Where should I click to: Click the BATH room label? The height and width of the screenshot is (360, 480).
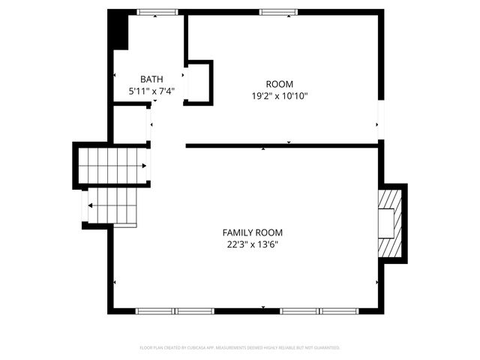pos(151,79)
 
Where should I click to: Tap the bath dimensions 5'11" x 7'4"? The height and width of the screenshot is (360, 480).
pos(151,91)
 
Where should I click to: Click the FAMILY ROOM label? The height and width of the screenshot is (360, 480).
pos(253,232)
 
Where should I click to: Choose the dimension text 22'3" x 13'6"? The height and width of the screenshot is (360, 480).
pos(253,244)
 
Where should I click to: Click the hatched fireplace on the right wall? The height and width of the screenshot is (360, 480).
pos(390,223)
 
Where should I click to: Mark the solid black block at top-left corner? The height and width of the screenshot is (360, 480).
pos(118,29)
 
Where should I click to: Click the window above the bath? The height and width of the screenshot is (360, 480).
pos(157,12)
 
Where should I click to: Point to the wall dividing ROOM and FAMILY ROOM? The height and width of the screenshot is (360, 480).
pos(281,145)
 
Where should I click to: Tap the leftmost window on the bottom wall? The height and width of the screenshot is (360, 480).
pos(154,310)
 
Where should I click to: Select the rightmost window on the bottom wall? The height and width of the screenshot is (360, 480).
pos(339,310)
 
